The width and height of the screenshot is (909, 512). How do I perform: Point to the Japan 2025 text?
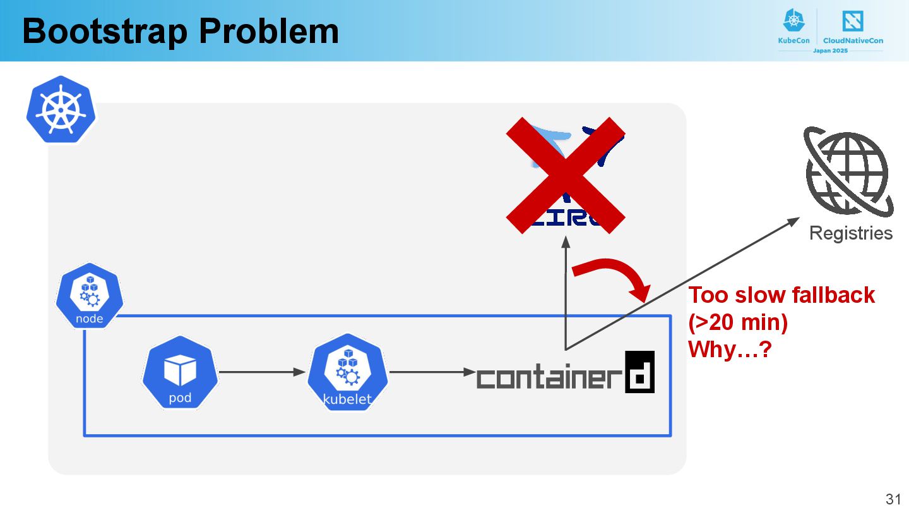coord(830,50)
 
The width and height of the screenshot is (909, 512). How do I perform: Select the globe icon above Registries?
coord(847,171)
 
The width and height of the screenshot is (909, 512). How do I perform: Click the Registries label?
coord(850,233)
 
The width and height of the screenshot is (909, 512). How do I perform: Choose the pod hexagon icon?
coord(180,373)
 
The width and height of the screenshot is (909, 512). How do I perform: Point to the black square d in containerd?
coord(639,372)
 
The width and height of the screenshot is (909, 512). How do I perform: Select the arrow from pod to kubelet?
coord(262,372)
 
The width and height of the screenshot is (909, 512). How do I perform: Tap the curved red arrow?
coord(615,275)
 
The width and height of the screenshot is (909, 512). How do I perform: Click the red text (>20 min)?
coord(738,322)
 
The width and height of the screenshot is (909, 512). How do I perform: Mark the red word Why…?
coord(730,350)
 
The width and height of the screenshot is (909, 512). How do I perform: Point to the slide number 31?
coord(893,498)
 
